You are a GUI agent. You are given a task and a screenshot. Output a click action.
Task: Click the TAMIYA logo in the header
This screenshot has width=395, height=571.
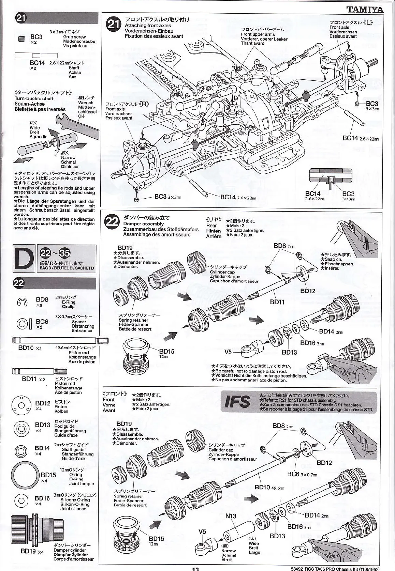point(365,10)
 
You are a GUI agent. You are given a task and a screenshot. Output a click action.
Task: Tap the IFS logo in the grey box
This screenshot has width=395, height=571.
point(237,402)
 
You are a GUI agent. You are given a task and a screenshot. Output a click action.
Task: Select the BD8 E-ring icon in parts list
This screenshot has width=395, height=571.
point(22,302)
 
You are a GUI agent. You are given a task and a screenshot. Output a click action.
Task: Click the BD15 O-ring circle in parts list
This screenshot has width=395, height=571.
point(25,476)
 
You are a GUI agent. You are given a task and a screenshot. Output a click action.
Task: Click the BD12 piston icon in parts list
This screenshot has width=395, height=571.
point(21,405)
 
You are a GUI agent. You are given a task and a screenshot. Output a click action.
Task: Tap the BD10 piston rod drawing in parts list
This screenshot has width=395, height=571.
point(60,340)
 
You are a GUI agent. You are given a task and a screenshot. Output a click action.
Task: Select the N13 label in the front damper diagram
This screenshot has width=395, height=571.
point(231,516)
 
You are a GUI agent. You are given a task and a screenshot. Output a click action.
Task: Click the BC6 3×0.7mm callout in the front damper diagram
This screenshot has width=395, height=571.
point(302,474)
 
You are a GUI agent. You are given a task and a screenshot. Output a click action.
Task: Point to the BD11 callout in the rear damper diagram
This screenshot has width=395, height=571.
point(277,302)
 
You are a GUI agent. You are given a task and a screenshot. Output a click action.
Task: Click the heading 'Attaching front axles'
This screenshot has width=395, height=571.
point(148,26)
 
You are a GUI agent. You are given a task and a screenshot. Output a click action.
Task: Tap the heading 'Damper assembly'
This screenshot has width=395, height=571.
point(143,224)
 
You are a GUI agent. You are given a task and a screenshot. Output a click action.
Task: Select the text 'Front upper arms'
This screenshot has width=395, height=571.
point(258,34)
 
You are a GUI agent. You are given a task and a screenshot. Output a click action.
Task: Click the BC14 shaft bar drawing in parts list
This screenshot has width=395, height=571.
point(36,56)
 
